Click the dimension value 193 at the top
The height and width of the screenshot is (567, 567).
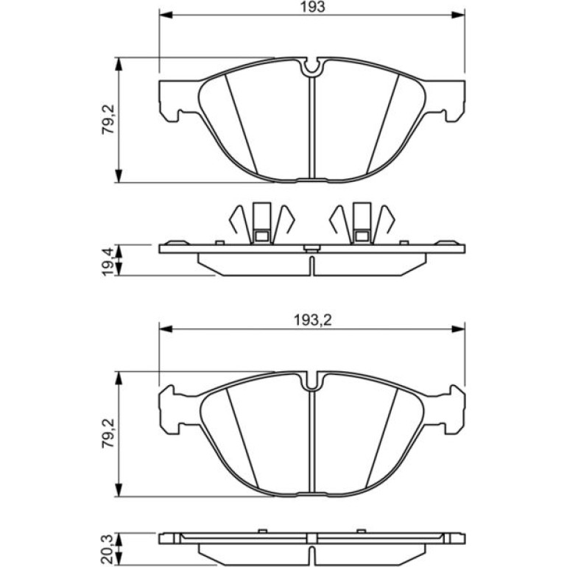[313, 7]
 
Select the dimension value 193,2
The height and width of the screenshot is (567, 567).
[312, 320]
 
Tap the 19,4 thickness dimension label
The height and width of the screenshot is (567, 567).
[108, 261]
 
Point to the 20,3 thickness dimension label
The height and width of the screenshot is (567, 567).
[108, 549]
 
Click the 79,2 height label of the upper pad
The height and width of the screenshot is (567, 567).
[108, 119]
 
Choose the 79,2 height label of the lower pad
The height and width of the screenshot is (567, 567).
[108, 433]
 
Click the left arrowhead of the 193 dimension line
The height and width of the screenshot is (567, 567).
[165, 15]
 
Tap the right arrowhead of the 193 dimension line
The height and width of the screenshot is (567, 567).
[458, 15]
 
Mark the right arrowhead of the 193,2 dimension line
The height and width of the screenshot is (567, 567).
[458, 328]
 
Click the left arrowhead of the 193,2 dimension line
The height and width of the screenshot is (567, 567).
[165, 328]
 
